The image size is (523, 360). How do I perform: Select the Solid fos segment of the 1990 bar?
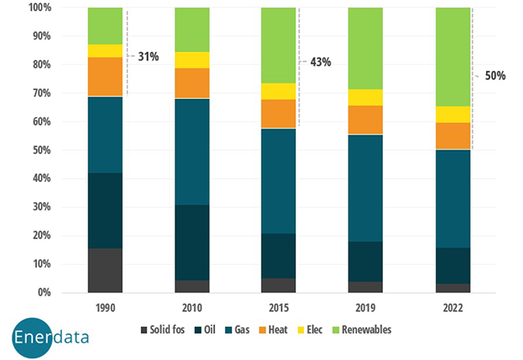[105, 270]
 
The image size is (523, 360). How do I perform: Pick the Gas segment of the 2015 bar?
[279, 180]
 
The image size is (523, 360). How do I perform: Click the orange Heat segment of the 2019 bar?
[366, 119]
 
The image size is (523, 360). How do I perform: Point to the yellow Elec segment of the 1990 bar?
[105, 51]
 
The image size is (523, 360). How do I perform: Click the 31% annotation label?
[148, 57]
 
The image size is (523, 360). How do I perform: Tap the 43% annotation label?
[315, 62]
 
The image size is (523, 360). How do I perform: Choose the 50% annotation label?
[495, 75]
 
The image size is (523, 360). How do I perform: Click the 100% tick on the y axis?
[39, 8]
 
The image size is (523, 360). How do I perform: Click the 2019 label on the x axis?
[366, 308]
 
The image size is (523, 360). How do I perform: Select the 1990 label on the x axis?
[105, 308]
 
